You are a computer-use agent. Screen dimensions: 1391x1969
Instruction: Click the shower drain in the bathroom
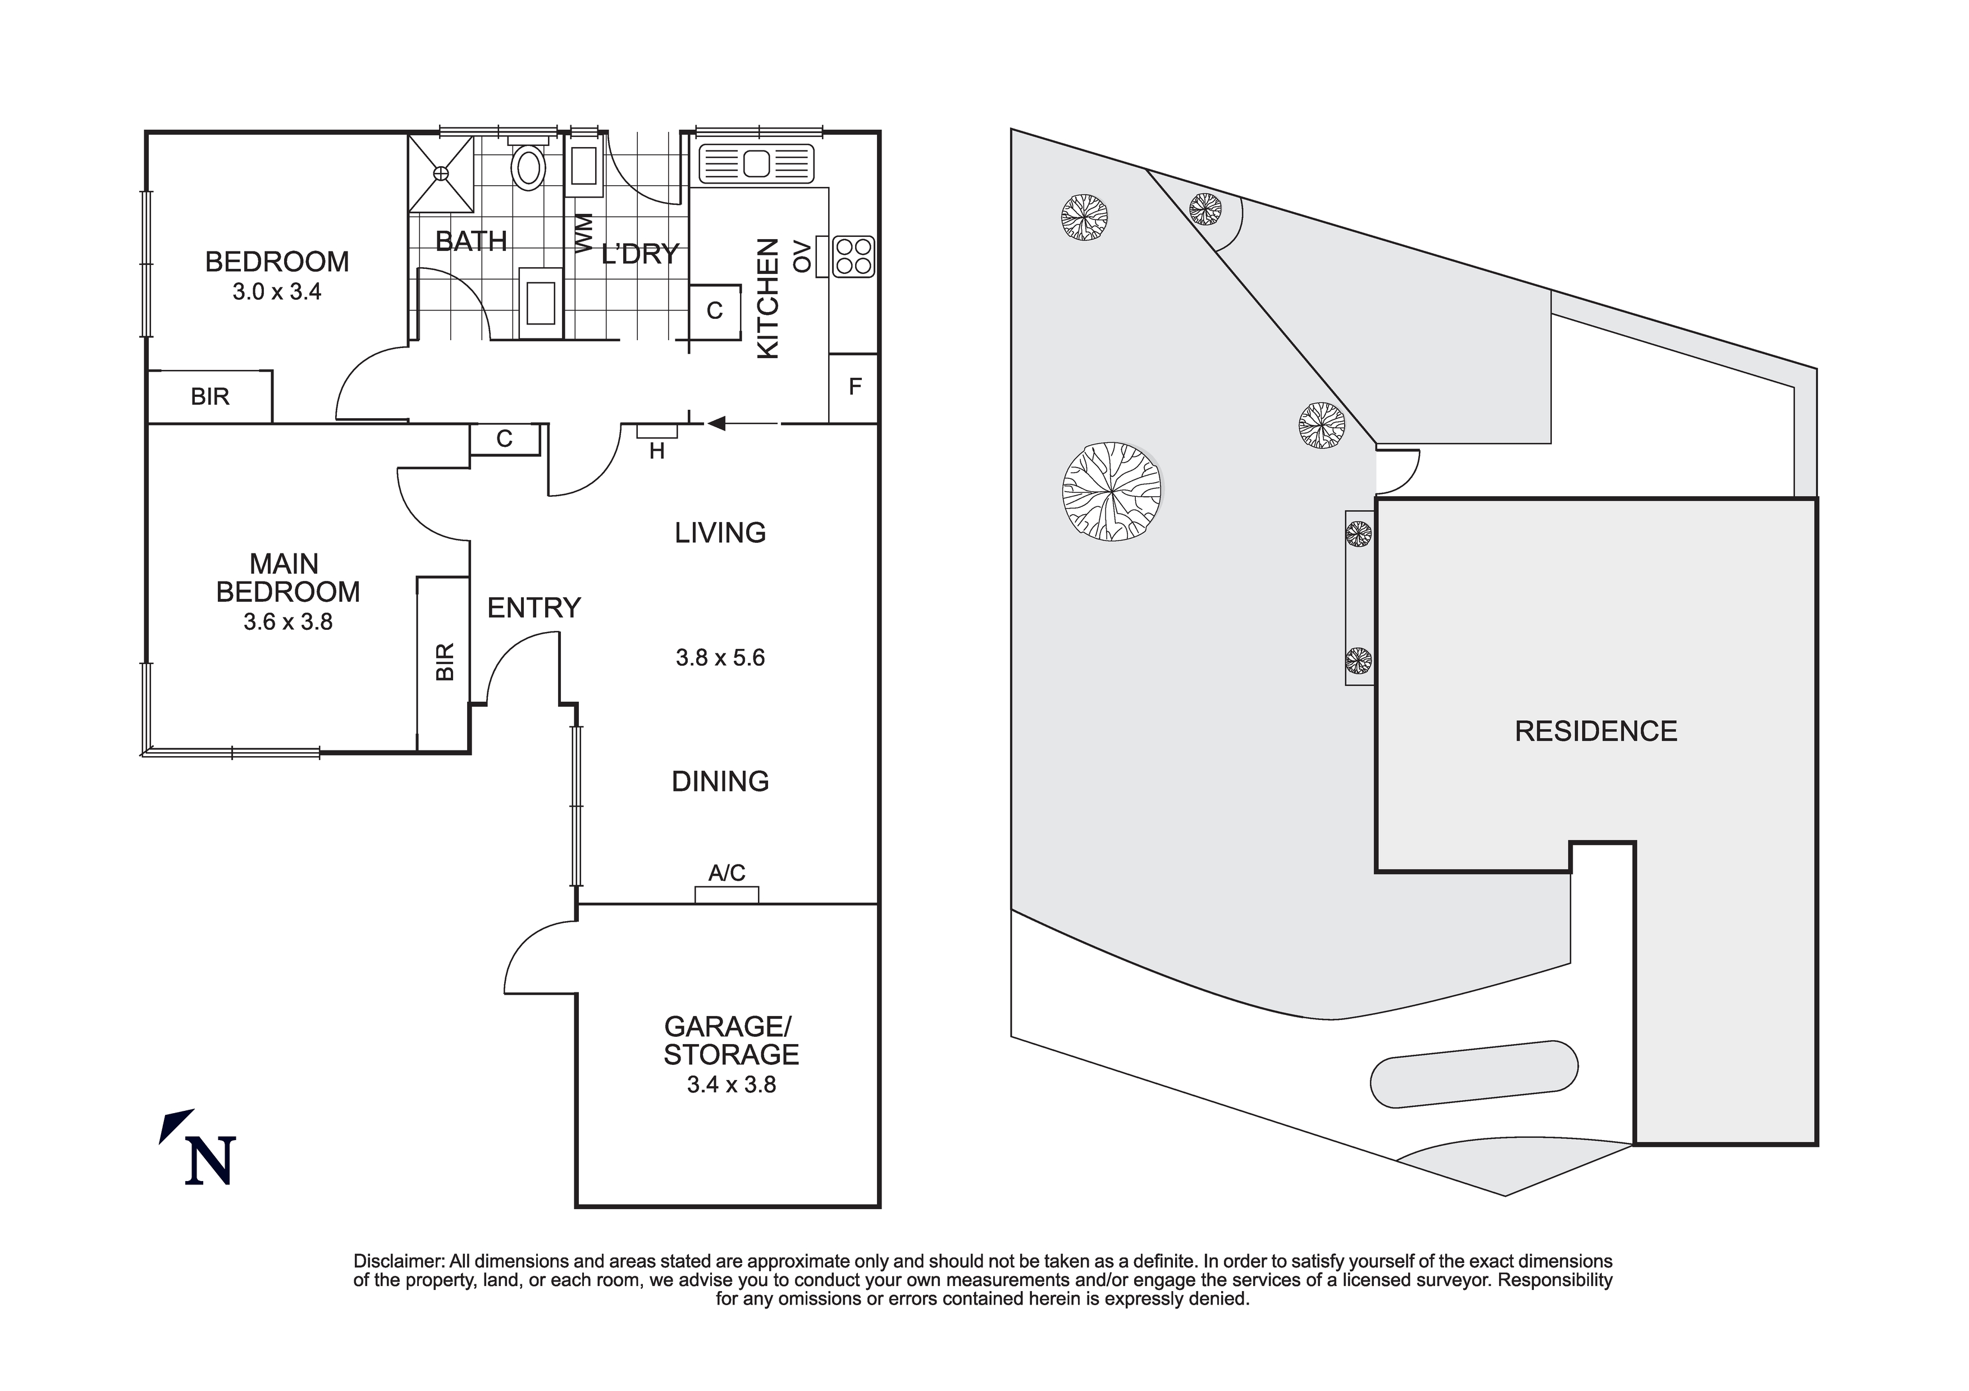[441, 173]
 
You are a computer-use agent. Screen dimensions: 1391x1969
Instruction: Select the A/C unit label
[727, 873]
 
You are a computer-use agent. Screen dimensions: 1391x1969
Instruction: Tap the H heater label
[657, 451]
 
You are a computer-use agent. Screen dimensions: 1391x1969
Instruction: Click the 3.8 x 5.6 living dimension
[720, 658]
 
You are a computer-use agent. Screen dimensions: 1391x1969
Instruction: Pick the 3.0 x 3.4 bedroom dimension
[276, 291]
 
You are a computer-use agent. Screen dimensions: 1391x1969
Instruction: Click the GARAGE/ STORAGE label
[730, 1040]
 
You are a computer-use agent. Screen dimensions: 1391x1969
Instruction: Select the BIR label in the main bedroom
[444, 661]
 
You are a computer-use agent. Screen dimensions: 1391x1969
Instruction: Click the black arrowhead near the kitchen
[716, 423]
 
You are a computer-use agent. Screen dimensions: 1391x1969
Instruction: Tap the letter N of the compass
[210, 1161]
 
